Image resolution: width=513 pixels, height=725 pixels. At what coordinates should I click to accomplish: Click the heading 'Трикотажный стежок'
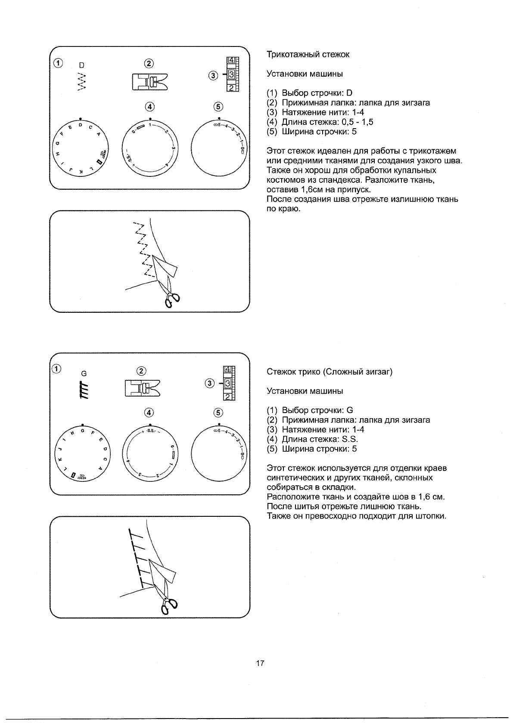(x=308, y=55)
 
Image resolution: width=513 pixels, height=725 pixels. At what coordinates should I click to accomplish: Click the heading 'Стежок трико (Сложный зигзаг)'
(x=330, y=372)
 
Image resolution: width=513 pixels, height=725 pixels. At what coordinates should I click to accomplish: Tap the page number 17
(x=260, y=663)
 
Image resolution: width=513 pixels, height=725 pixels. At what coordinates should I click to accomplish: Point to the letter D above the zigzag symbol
(x=81, y=65)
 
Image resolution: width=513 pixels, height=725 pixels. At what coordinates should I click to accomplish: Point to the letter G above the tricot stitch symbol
(x=84, y=374)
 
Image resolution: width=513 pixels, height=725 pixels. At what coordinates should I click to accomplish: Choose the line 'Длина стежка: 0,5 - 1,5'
(x=327, y=122)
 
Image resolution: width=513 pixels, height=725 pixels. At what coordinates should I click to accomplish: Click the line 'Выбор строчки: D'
(x=317, y=93)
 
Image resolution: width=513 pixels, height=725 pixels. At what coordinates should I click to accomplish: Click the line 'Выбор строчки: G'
(x=317, y=410)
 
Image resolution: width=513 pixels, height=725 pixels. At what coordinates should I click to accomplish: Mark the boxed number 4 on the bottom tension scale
(x=227, y=369)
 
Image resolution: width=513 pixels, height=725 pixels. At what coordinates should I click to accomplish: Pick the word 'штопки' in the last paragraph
(x=431, y=516)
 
